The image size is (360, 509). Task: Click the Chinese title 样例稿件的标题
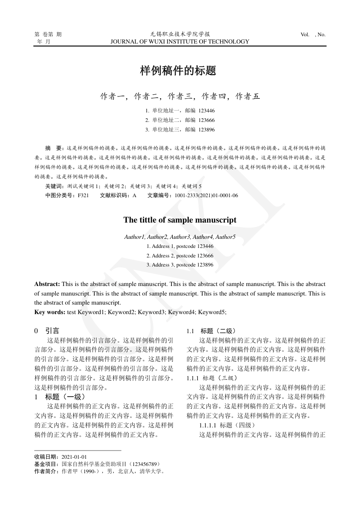(x=177, y=71)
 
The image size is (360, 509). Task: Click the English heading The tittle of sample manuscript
(x=180, y=220)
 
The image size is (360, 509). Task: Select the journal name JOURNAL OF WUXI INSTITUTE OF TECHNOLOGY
(x=180, y=42)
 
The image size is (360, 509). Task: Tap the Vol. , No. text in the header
(x=313, y=34)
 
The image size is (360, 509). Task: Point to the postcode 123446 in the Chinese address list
(x=207, y=111)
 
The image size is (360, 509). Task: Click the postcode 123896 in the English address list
(x=203, y=265)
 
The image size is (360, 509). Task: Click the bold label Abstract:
(x=47, y=284)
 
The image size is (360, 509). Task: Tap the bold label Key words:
(x=50, y=312)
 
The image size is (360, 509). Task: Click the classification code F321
(x=83, y=195)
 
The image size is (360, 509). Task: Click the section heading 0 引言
(x=47, y=331)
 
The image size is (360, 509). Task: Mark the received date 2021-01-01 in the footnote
(x=74, y=457)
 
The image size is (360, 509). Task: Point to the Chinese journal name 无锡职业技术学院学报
(x=180, y=34)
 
